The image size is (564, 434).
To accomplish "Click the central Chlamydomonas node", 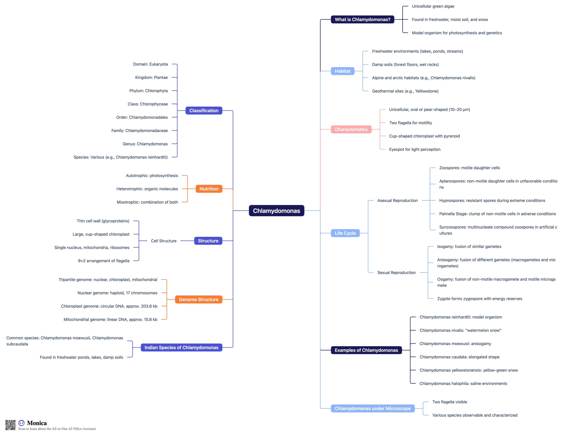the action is coord(276,211).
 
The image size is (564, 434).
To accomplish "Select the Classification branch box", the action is coord(204,111).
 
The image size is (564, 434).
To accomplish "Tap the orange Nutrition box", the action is coord(209,189).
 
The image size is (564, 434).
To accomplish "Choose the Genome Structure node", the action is coord(199,299).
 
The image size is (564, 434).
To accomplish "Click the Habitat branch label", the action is coord(342,71).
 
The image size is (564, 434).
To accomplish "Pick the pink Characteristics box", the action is coord(351,129).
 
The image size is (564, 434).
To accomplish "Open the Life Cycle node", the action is coord(345,233).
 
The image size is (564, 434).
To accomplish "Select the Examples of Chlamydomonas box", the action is coord(366,350).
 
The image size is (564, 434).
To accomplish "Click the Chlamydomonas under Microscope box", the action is coord(373,408).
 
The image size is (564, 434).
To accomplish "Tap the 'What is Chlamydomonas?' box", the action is coord(362,19).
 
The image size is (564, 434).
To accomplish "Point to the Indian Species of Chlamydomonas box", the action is coord(181,347).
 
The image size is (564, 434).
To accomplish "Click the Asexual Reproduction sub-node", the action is coord(397,201).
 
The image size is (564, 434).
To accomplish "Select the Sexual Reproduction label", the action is coord(396,273).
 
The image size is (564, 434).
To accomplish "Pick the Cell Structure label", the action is coord(164,241).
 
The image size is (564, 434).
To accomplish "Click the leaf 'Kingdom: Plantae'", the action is coord(151,78).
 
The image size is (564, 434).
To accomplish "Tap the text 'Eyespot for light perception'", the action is coord(415,150).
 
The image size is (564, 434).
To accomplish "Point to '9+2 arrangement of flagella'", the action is coord(104,261).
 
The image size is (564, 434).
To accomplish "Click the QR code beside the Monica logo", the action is coord(10,425).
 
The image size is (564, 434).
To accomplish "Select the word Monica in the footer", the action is coord(37,423).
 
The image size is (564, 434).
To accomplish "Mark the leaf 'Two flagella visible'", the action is coord(450,402).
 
